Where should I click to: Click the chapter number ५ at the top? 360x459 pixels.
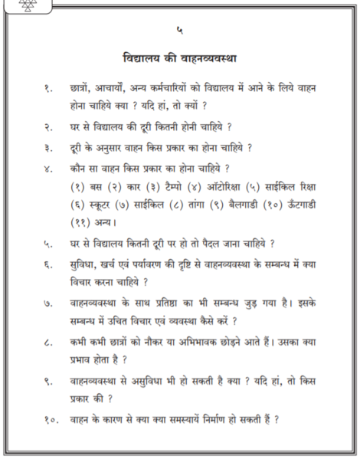tap(179, 31)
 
